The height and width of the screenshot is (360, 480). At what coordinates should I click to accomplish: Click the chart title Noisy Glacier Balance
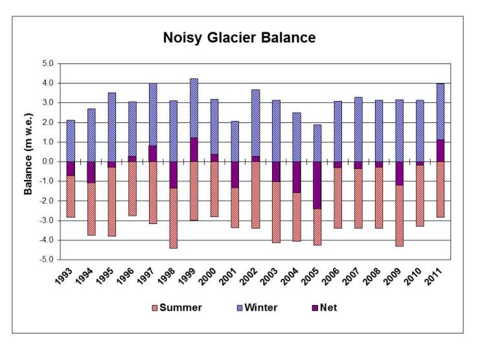240,38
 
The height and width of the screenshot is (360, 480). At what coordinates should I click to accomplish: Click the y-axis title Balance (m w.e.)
29,161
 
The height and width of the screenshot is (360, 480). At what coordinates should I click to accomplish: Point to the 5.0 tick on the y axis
48,63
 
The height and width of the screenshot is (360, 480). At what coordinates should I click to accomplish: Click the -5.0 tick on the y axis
47,260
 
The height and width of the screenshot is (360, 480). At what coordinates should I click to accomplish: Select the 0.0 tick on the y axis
48,161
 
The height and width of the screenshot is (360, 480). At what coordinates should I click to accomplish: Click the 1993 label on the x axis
67,276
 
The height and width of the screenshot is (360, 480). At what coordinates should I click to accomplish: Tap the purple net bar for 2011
440,150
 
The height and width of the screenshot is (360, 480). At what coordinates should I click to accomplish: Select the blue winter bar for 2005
317,142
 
